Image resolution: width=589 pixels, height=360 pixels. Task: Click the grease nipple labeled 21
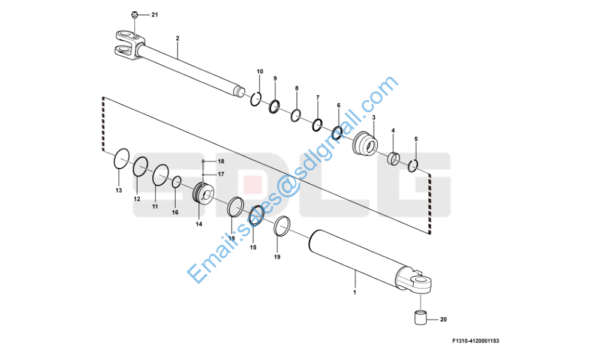click(134, 16)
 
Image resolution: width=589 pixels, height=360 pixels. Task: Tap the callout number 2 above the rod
click(178, 38)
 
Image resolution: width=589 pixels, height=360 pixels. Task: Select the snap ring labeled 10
click(256, 98)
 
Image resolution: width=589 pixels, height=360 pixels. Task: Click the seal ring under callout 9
click(274, 106)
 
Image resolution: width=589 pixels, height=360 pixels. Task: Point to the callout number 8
click(297, 88)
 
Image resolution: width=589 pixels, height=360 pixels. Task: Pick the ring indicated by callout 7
click(317, 125)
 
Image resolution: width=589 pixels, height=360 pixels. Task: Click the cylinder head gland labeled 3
click(365, 143)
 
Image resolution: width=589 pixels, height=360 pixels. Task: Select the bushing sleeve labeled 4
click(393, 158)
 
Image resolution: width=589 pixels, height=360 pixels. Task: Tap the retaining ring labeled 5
click(413, 166)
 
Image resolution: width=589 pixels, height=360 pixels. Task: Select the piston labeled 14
click(203, 193)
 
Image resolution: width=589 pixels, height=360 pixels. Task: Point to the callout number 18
click(221, 161)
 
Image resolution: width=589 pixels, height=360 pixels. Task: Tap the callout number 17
click(221, 175)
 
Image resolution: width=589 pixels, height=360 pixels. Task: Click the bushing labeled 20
click(420, 317)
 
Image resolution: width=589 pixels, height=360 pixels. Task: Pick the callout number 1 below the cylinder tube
click(354, 292)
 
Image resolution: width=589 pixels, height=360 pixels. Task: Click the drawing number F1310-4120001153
click(476, 341)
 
